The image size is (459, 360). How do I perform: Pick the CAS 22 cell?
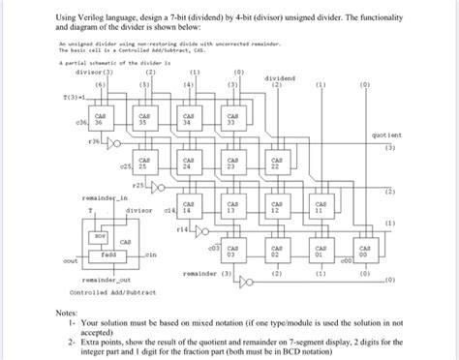point(276,165)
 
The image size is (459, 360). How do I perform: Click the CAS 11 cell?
point(321,209)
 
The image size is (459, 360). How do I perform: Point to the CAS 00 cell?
point(364,254)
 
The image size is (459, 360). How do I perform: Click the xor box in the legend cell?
point(99,234)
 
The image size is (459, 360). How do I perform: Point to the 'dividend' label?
point(279,78)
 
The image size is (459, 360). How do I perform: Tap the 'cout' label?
point(70,259)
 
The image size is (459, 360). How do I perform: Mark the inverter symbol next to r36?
point(114,141)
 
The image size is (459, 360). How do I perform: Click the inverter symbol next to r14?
point(202,230)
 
